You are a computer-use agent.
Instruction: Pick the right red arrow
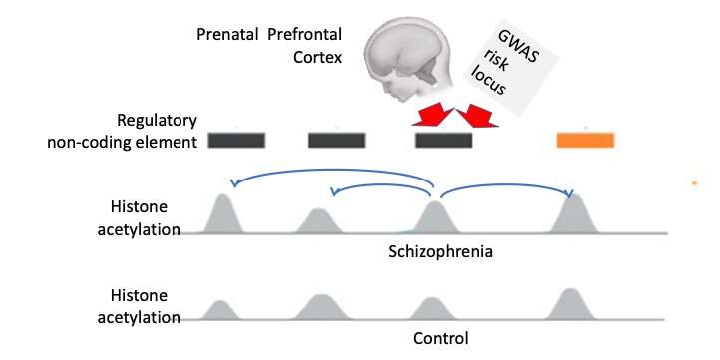click(x=477, y=118)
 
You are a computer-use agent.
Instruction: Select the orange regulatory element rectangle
click(x=585, y=140)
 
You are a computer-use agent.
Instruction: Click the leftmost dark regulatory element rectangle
click(x=236, y=140)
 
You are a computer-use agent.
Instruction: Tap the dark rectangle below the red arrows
click(x=444, y=140)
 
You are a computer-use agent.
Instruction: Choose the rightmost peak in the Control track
click(x=569, y=305)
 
